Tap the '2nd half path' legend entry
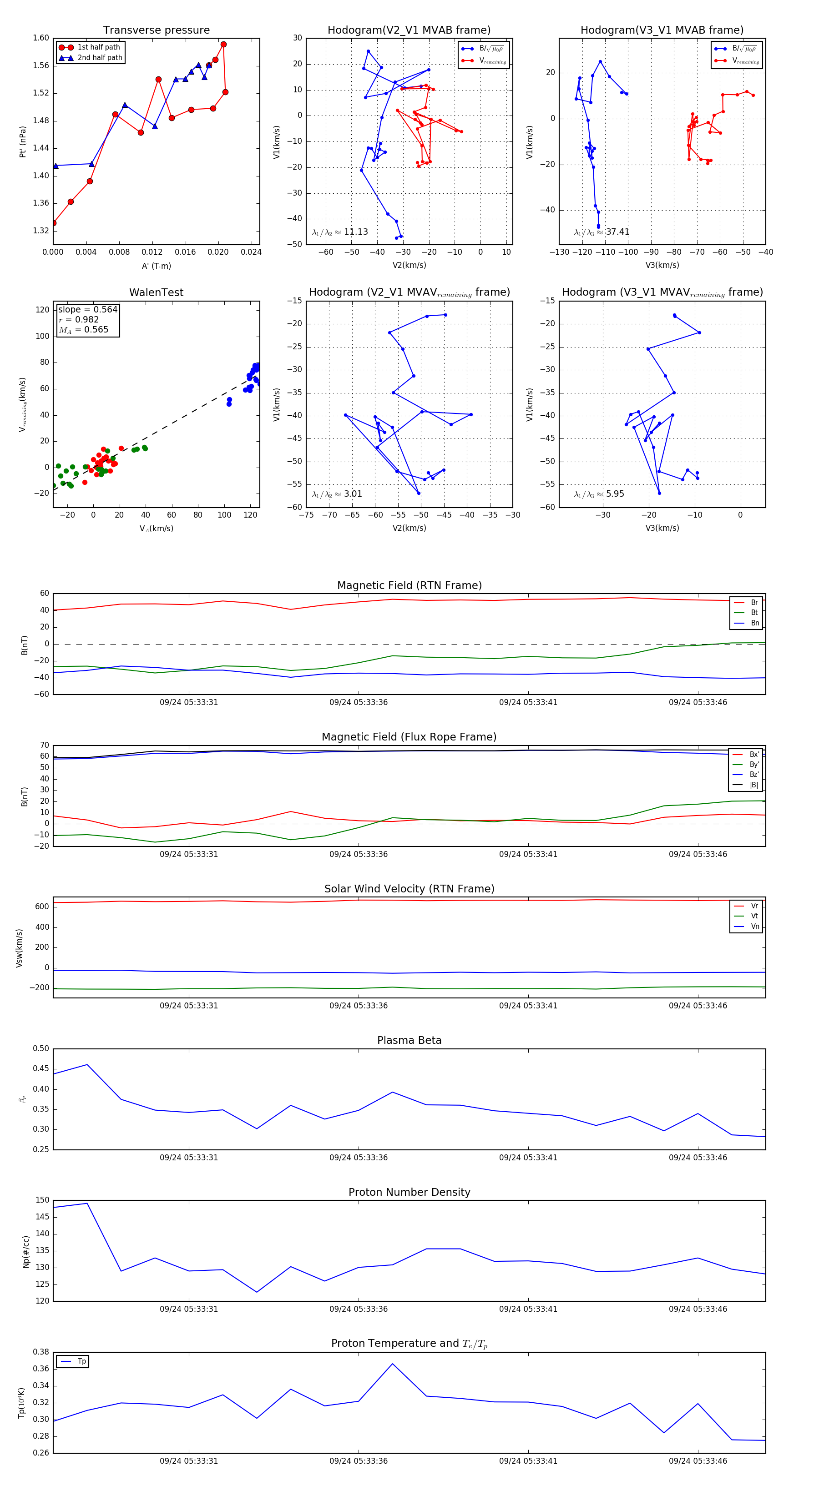(100, 58)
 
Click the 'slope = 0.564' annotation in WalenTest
(87, 309)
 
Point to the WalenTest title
(156, 292)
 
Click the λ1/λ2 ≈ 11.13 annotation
(340, 232)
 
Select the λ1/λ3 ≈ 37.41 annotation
(602, 232)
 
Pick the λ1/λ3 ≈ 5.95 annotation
(599, 494)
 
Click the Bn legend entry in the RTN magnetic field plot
(754, 623)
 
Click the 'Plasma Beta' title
(409, 1041)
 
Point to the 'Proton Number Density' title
(409, 1192)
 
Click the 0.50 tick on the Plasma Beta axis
(41, 1048)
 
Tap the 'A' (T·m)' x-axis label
(156, 266)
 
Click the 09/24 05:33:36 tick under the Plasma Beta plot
(358, 1157)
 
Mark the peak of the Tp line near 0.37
(392, 1364)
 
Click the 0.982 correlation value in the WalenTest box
(86, 319)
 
